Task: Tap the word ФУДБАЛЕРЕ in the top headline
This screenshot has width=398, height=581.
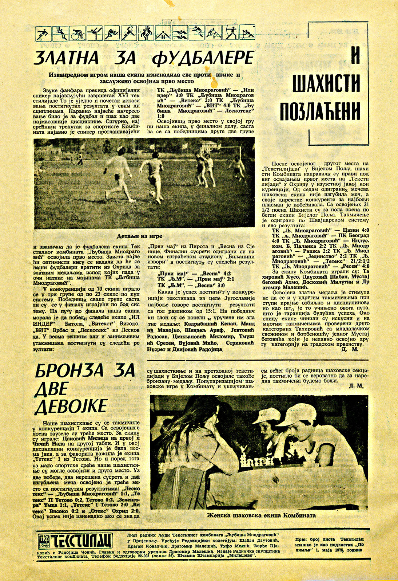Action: [x=203, y=58]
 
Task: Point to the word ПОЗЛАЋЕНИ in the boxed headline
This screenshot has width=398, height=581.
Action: [x=320, y=110]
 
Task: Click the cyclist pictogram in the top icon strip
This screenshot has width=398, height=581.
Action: [x=78, y=34]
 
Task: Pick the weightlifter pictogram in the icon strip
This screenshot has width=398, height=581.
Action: [x=163, y=34]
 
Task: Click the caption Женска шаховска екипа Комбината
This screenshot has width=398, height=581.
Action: [x=261, y=515]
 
